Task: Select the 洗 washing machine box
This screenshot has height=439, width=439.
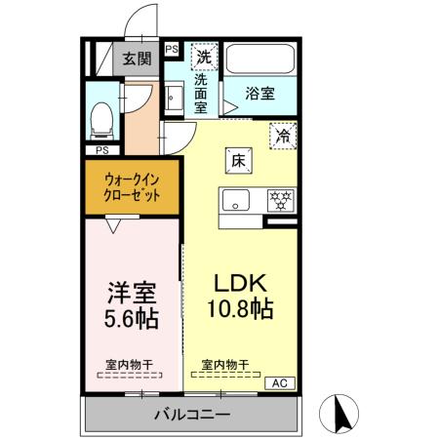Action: [x=204, y=56]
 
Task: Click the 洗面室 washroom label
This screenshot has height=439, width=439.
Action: [x=202, y=94]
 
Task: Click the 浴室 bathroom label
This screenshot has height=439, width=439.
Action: [x=259, y=95]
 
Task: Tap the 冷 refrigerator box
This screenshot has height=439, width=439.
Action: [x=283, y=137]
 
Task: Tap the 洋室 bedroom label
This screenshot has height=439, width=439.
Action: [x=132, y=292]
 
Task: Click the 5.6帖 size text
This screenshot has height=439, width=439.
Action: [x=132, y=318]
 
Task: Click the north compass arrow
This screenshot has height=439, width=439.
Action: [x=340, y=413]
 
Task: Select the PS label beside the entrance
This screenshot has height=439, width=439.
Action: [x=172, y=48]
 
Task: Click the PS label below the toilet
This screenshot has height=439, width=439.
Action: [x=101, y=150]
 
